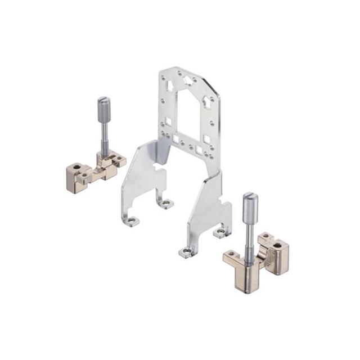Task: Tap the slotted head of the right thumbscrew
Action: pos(250,196)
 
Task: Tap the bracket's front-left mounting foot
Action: pos(133,221)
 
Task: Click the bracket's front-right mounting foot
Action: pos(187,252)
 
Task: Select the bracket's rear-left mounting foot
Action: pos(166,202)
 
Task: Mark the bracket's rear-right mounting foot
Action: pos(221,232)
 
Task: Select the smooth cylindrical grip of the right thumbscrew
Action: pos(250,206)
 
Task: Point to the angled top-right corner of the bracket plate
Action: pos(213,89)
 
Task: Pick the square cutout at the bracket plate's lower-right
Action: pos(206,138)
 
